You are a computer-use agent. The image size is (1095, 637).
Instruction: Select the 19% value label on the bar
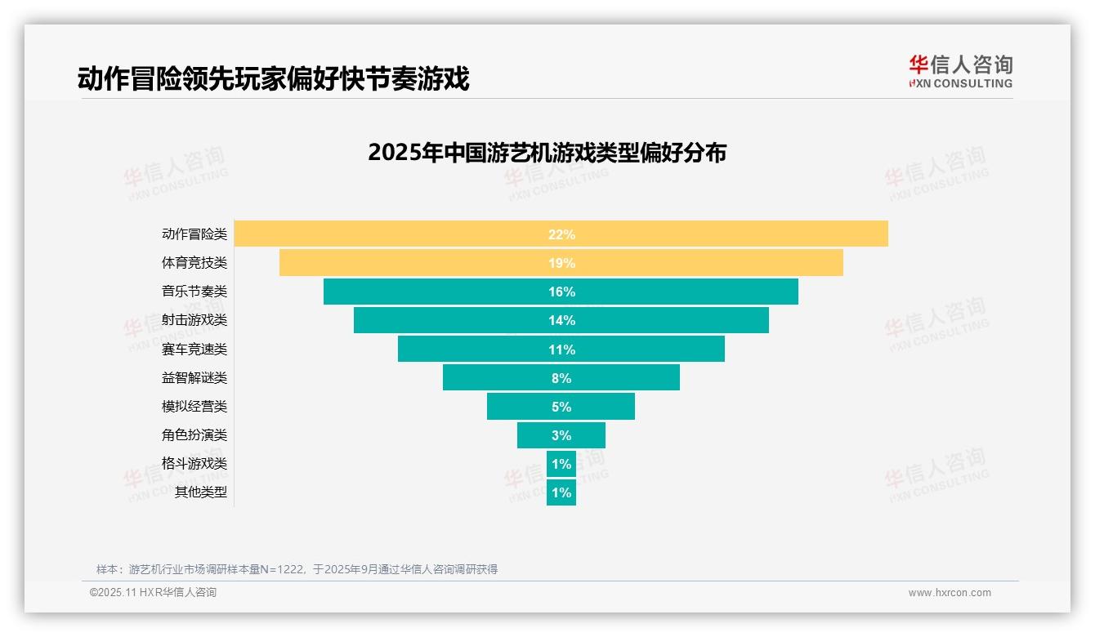click(561, 263)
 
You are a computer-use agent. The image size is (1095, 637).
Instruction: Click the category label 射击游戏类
click(194, 320)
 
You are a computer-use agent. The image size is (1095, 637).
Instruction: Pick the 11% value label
click(561, 350)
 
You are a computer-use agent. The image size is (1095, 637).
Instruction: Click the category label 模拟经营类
click(194, 406)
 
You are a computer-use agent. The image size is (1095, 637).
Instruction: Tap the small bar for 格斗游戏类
click(561, 464)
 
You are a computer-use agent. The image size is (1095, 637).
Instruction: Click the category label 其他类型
click(201, 492)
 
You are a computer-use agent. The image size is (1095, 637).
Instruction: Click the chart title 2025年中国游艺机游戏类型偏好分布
click(547, 153)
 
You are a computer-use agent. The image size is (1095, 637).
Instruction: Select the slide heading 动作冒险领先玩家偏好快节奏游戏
click(273, 79)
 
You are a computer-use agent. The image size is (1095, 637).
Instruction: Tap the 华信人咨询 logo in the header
click(960, 71)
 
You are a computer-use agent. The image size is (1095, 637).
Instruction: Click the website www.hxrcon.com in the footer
click(950, 593)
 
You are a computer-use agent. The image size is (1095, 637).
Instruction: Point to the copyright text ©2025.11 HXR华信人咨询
click(153, 593)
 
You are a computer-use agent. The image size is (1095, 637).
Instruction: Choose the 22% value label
click(561, 234)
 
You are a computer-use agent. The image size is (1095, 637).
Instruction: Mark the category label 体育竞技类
click(194, 263)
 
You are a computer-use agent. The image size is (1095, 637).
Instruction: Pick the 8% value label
click(561, 378)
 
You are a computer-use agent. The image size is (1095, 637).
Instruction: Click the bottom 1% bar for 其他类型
click(561, 492)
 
